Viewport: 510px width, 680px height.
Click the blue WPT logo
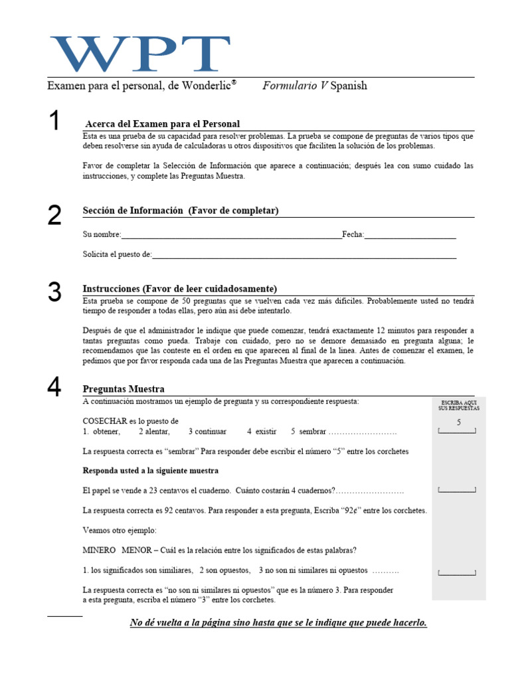tap(140, 54)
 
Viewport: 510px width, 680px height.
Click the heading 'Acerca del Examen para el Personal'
tap(163, 124)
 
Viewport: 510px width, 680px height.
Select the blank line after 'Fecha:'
tap(410, 234)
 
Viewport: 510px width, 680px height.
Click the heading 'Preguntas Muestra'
tap(124, 389)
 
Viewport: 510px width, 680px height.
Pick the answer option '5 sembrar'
tap(308, 432)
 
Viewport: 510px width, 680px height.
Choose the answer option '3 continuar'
tap(207, 432)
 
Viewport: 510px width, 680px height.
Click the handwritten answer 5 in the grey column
tap(458, 422)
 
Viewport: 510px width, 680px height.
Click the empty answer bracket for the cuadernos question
tap(458, 490)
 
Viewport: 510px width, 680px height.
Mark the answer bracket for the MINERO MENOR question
tap(458, 572)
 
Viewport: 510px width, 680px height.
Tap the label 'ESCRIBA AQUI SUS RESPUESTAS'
tap(458, 406)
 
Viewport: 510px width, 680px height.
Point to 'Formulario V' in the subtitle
tap(295, 86)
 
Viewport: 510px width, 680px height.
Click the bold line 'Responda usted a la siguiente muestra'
tap(151, 471)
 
